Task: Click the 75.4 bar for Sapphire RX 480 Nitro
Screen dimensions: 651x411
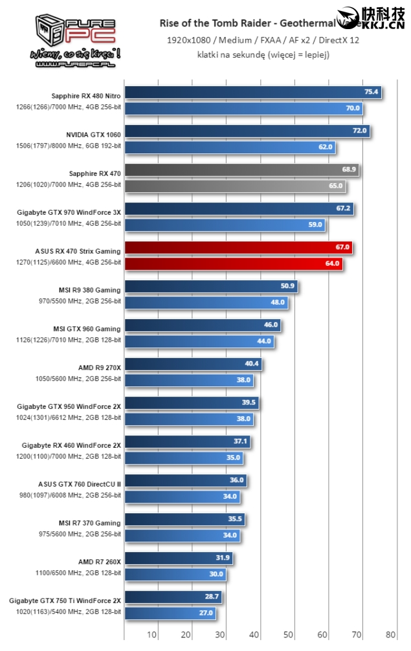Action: tap(252, 93)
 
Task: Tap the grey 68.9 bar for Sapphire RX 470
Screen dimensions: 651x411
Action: tap(241, 170)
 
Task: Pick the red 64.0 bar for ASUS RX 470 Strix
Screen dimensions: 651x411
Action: tap(233, 263)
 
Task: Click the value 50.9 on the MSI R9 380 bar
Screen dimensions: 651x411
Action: tap(287, 286)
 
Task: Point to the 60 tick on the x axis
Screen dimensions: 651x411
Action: tap(322, 634)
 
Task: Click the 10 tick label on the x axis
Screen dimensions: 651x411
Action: tap(152, 634)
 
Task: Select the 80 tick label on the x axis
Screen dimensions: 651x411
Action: tap(390, 634)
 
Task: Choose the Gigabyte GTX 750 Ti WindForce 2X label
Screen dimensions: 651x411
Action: tap(65, 601)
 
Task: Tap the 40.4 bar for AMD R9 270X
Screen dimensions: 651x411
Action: tap(192, 364)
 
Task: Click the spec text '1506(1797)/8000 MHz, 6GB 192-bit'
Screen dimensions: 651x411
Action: tap(69, 146)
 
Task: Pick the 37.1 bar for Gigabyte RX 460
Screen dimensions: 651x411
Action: tap(187, 442)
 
